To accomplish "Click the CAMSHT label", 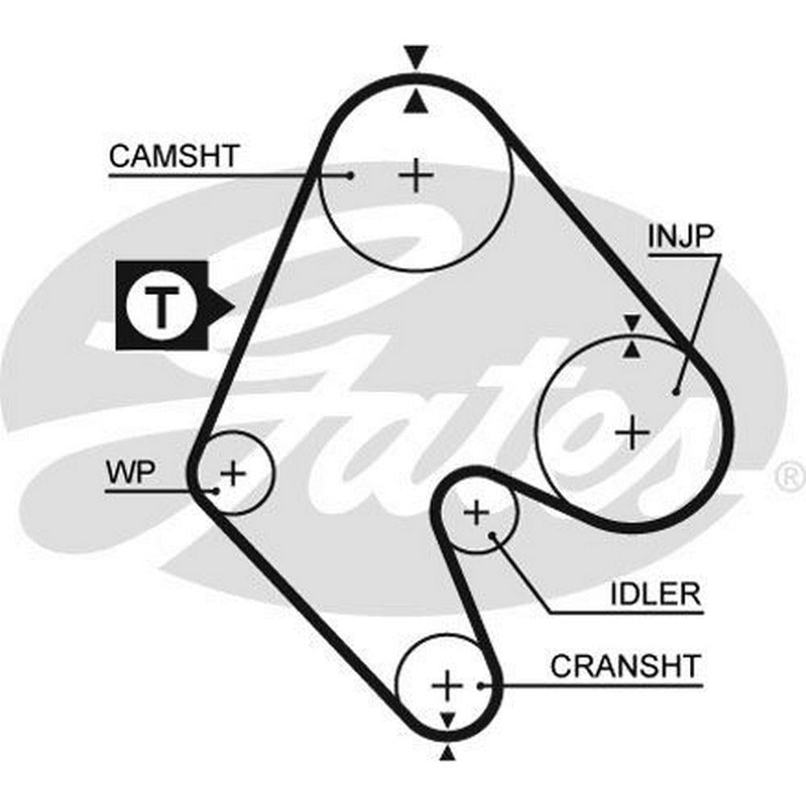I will pyautogui.click(x=173, y=155).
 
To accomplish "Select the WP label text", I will pyautogui.click(x=130, y=473).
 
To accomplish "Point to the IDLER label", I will pyautogui.click(x=654, y=596).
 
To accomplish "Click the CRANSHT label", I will pyautogui.click(x=625, y=667).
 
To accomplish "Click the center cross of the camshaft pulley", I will pyautogui.click(x=417, y=175).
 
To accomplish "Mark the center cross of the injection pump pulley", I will pyautogui.click(x=633, y=434).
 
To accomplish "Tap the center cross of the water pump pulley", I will pyautogui.click(x=233, y=472).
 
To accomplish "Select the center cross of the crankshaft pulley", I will pyautogui.click(x=446, y=685).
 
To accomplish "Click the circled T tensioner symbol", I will pyautogui.click(x=162, y=305).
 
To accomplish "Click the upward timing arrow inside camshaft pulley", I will pyautogui.click(x=416, y=101).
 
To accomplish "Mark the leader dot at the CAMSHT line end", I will pyautogui.click(x=351, y=175).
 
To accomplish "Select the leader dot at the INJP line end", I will pyautogui.click(x=675, y=392).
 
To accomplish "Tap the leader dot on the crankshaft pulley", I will pyautogui.click(x=480, y=686).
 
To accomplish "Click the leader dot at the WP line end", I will pyautogui.click(x=215, y=489).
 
